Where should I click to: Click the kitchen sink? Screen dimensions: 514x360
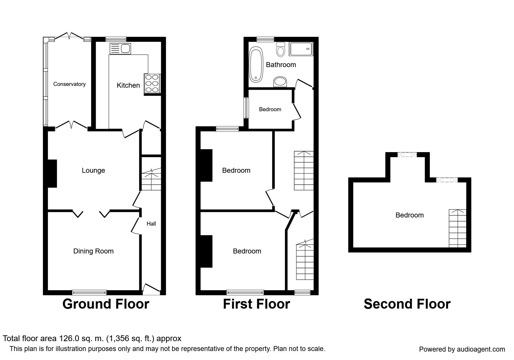coord(120,49)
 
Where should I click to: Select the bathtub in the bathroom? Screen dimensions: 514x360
coord(256,64)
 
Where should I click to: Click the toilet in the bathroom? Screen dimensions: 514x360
coord(281,49)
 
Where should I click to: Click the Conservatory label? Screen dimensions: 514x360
coord(69,84)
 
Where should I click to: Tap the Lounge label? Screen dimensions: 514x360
coord(93,170)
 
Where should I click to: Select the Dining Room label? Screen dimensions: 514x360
coord(93,251)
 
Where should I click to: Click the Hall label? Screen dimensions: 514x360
coord(151,224)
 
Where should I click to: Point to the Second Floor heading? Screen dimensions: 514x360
coord(407,304)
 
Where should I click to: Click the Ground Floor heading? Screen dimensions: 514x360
coord(106,304)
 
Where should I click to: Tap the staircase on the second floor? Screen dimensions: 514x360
coord(458,228)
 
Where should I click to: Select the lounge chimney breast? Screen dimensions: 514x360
coord(52,174)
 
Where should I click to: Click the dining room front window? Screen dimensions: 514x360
coord(89,292)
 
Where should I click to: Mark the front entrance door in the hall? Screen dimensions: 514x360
coord(151,289)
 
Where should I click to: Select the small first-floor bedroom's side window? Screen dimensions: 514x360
coord(246,108)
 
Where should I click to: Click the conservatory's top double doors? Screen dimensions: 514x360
coord(69,36)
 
